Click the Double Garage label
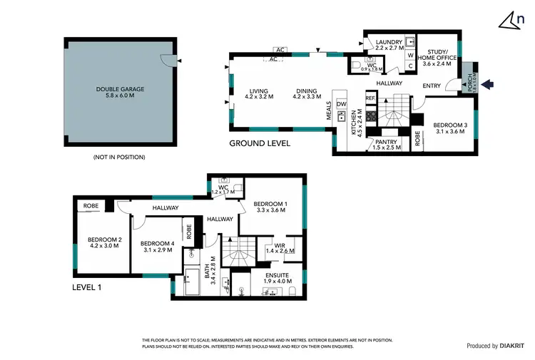[120, 90]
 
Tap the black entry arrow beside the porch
[487, 85]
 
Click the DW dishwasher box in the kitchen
[341, 105]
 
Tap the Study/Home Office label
[437, 56]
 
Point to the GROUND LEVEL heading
[260, 143]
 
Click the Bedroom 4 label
[155, 243]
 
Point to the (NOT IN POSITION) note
[119, 156]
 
